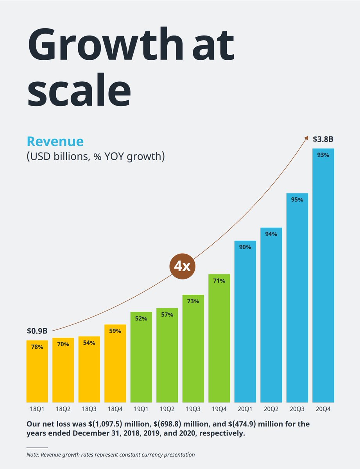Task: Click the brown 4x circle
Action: click(x=182, y=267)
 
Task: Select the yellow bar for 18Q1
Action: click(x=37, y=371)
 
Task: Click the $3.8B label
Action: click(x=323, y=139)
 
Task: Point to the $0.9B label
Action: click(x=37, y=331)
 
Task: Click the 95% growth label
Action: click(x=297, y=200)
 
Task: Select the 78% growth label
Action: click(x=37, y=347)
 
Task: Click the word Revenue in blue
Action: click(x=55, y=141)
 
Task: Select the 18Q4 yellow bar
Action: click(x=115, y=363)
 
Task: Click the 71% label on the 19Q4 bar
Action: click(x=219, y=281)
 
